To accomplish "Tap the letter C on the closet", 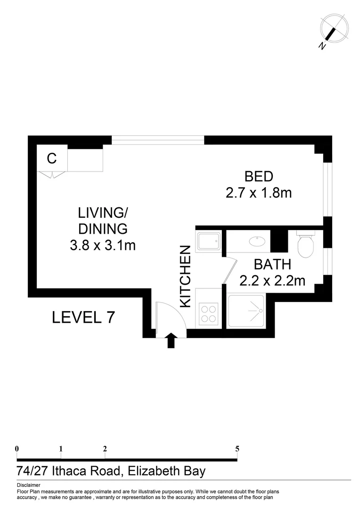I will tap(52, 159).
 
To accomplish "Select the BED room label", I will tap(259, 177).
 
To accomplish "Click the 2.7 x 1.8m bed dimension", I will tap(259, 193).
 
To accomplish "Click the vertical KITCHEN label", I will tap(186, 276).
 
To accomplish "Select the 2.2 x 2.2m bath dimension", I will tap(272, 281).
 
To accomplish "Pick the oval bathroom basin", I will tap(257, 241).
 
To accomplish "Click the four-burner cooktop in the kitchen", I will tap(209, 314).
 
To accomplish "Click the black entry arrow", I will tap(171, 340).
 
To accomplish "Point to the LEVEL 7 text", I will tap(83, 317).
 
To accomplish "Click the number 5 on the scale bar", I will tap(237, 449).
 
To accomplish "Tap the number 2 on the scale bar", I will tap(105, 449).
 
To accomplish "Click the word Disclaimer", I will tap(28, 485).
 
